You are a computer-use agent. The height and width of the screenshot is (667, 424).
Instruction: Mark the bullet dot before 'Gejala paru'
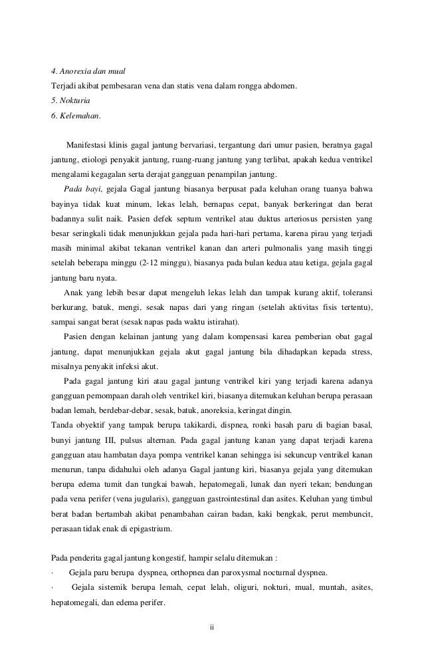(x=53, y=573)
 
